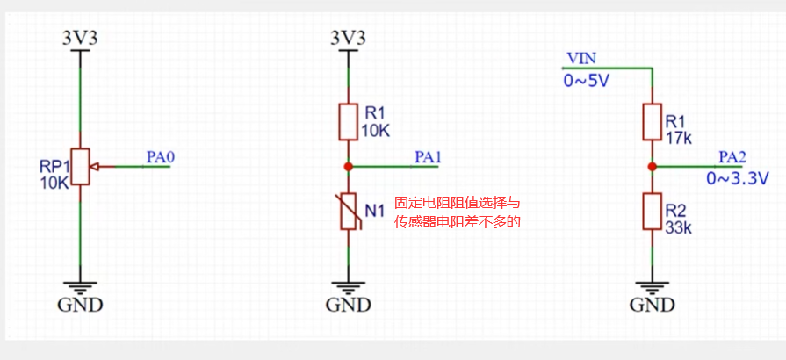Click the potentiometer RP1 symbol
click(x=81, y=166)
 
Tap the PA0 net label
click(x=161, y=158)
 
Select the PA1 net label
click(x=428, y=157)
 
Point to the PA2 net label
click(x=732, y=157)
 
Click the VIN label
click(x=581, y=58)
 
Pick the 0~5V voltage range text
click(x=586, y=82)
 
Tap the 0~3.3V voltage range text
click(x=738, y=178)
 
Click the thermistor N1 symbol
click(x=349, y=211)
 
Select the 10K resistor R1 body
click(x=349, y=122)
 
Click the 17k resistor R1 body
click(x=652, y=121)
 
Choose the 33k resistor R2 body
click(x=652, y=212)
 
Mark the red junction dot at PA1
click(x=349, y=166)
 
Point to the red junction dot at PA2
click(x=652, y=166)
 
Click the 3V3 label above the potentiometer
click(x=80, y=38)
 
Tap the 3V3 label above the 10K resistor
click(x=348, y=38)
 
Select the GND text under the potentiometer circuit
click(x=80, y=306)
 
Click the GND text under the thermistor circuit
click(x=349, y=306)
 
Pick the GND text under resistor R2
click(x=652, y=306)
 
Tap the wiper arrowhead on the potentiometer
click(x=96, y=166)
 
